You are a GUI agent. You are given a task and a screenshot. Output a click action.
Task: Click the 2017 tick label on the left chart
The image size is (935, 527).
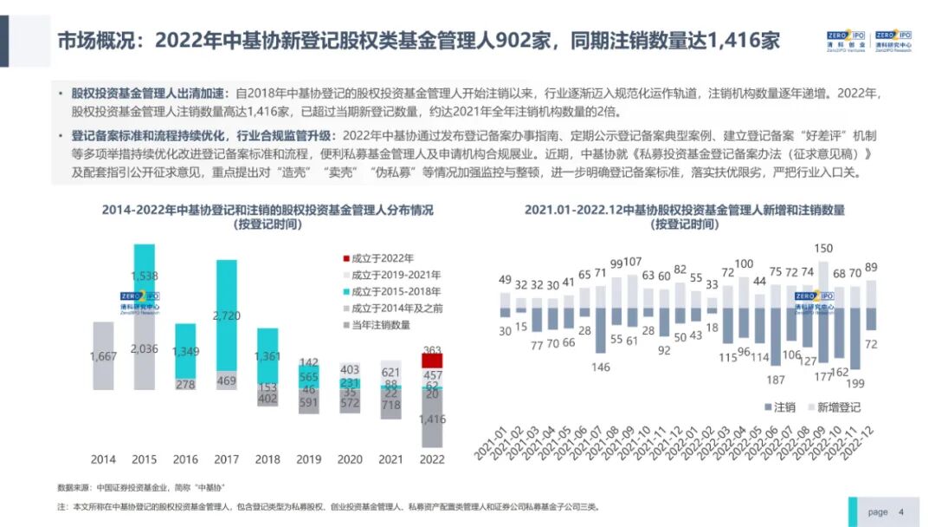pyautogui.click(x=227, y=459)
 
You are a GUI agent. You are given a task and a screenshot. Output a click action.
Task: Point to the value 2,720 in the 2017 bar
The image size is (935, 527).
pyautogui.click(x=227, y=316)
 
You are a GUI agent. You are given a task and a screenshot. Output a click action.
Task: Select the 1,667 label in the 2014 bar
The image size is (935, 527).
pyautogui.click(x=103, y=356)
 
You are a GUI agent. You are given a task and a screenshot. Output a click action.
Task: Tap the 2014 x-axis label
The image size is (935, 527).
pyautogui.click(x=103, y=459)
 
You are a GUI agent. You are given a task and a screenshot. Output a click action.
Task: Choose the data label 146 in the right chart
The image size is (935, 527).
pyautogui.click(x=601, y=367)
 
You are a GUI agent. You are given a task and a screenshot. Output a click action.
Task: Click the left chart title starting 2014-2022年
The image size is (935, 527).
pyautogui.click(x=268, y=211)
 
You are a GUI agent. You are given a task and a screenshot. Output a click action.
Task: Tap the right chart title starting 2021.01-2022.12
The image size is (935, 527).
pyautogui.click(x=684, y=211)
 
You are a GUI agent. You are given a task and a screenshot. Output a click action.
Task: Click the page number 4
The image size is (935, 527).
pyautogui.click(x=901, y=511)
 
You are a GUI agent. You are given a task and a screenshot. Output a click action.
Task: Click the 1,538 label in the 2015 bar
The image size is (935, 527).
pyautogui.click(x=145, y=277)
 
